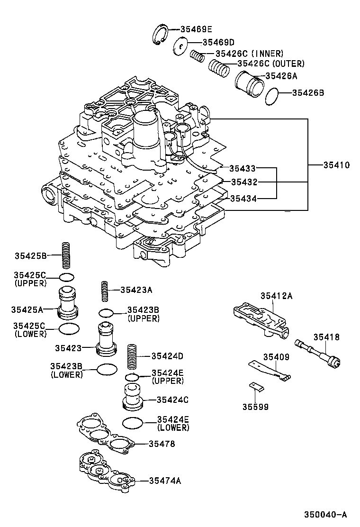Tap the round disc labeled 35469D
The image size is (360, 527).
pyautogui.click(x=180, y=46)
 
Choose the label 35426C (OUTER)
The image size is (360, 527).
pyautogui.click(x=270, y=64)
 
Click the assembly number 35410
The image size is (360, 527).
pyautogui.click(x=336, y=165)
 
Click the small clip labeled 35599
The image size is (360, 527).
pyautogui.click(x=256, y=386)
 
